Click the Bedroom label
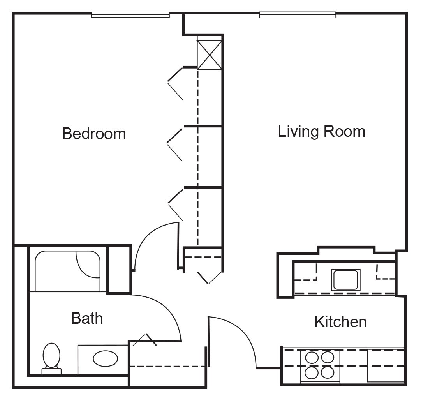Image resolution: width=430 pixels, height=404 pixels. tap(94, 134)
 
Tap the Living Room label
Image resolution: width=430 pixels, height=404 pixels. tap(321, 131)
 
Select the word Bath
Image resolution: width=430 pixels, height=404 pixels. tap(87, 318)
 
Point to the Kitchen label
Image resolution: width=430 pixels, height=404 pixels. tap(340, 322)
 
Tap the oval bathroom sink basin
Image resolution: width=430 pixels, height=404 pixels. tap(106, 358)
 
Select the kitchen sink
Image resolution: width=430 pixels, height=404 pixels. tap(345, 280)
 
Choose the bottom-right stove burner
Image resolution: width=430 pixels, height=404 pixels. tap(328, 372)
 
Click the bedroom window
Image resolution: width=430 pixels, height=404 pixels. tap(130, 15)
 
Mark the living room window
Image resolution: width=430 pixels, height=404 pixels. tap(298, 15)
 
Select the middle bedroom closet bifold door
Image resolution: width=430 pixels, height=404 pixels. tap(175, 144)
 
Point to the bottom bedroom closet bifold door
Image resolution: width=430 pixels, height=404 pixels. tap(176, 204)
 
